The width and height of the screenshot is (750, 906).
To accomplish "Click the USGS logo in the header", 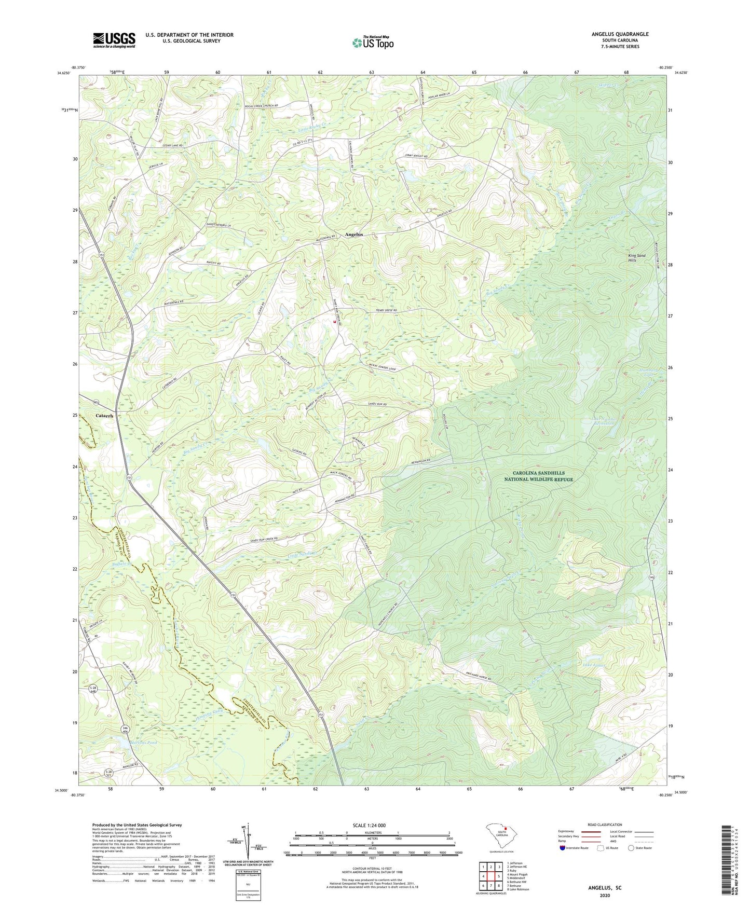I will [x=114, y=40].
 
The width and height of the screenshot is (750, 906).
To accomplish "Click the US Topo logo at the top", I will [x=373, y=43].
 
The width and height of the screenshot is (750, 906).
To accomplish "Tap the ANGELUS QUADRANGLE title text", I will [x=620, y=34].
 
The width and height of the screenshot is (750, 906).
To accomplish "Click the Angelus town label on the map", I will [x=354, y=235].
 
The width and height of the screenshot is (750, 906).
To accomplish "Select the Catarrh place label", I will [x=104, y=416].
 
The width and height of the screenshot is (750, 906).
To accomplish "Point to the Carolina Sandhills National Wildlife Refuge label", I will [x=539, y=476].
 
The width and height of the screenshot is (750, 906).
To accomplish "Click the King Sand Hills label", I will [x=637, y=258].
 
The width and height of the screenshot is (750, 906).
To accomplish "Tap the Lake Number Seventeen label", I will [x=603, y=421].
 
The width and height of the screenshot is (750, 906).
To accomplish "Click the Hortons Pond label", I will [x=125, y=743].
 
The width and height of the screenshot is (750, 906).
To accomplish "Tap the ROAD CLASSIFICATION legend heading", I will [x=605, y=825].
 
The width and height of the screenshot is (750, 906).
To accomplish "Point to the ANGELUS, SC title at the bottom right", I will [x=605, y=888].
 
